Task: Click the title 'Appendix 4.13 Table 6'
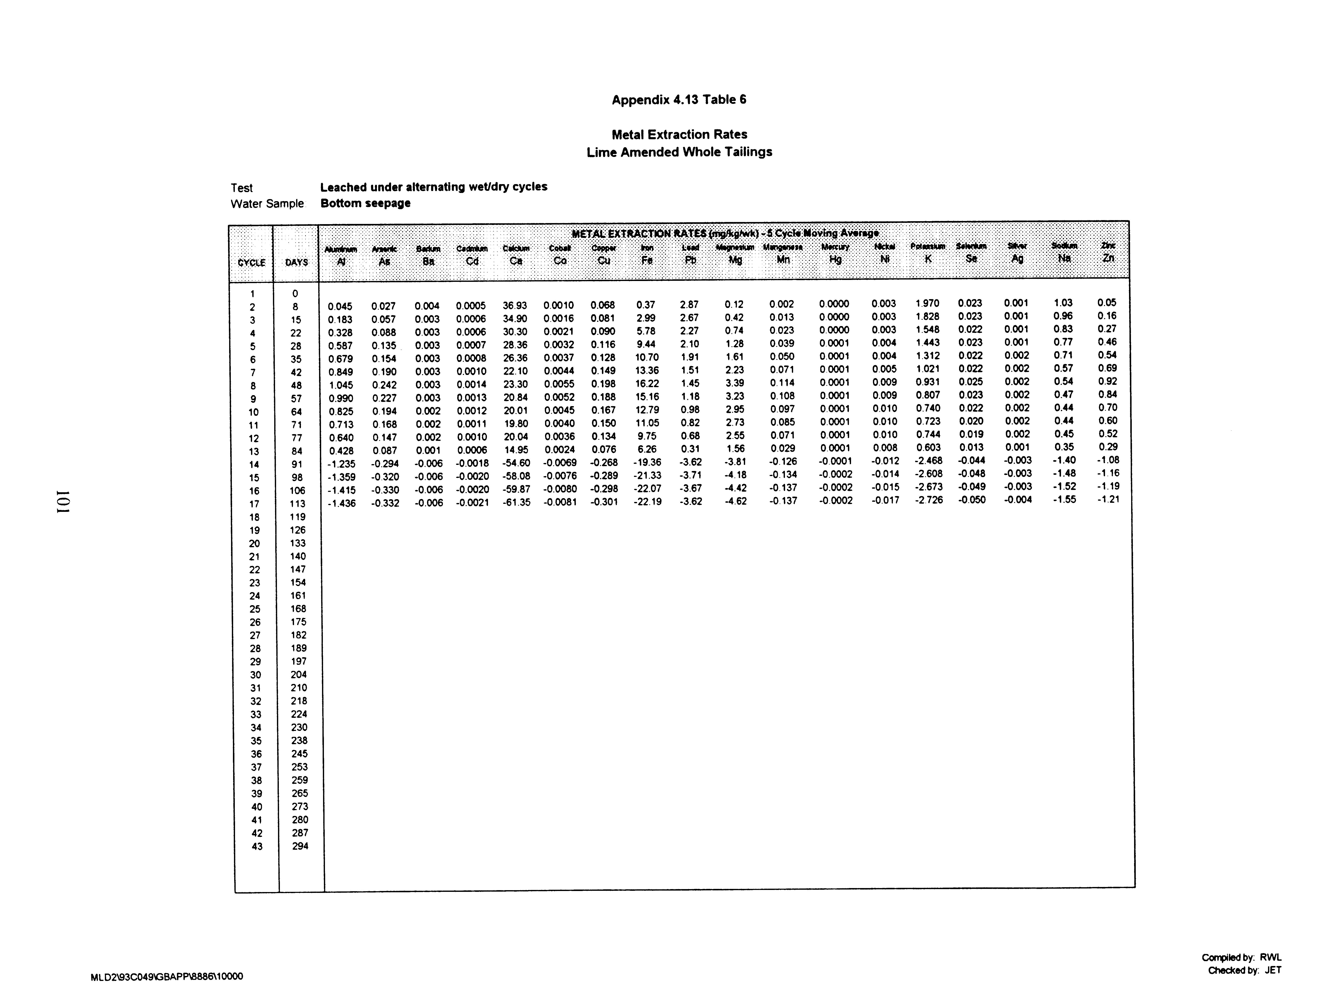pos(679,100)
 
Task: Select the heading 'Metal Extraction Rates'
pos(679,134)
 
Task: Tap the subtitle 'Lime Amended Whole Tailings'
pos(679,152)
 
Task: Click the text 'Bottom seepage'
pos(365,203)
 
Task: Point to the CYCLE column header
pos(251,262)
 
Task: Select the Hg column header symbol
pos(835,259)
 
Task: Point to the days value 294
pos(300,846)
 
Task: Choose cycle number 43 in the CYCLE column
pos(257,847)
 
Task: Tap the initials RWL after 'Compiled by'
pos(1271,957)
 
